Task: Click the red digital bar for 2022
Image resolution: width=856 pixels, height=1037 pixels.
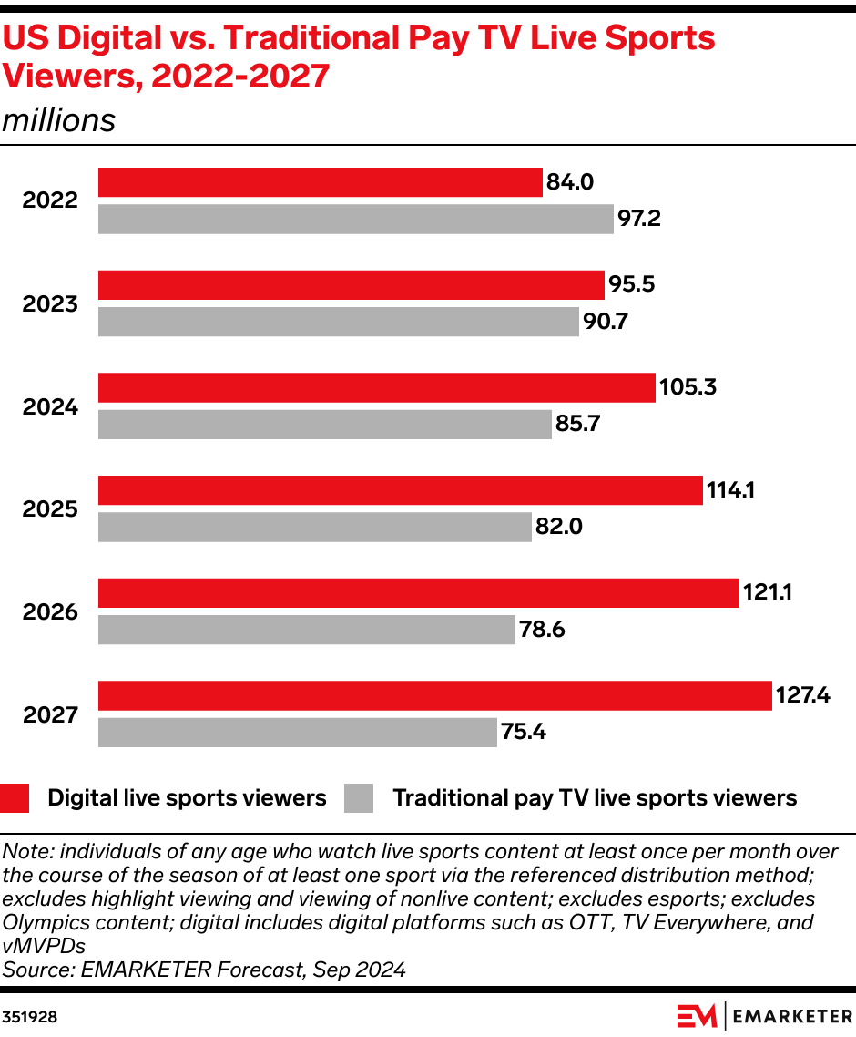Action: click(320, 182)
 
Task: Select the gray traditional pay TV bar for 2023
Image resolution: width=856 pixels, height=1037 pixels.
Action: click(338, 322)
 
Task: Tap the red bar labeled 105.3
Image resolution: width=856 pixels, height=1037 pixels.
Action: click(376, 388)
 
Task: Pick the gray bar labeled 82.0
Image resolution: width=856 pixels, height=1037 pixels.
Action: click(314, 527)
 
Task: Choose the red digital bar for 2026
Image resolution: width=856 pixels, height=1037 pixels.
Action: click(418, 593)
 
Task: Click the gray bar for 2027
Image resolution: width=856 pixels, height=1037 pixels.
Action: click(297, 733)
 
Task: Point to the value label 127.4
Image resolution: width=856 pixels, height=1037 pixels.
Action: click(802, 696)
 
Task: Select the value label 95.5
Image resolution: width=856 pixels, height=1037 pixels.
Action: click(632, 284)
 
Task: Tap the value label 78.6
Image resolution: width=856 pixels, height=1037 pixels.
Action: click(544, 630)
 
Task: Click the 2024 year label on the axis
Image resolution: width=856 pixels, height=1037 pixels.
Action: click(51, 406)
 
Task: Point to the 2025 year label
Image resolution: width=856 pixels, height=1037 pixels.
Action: click(51, 508)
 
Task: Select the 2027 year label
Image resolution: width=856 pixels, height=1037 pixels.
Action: click(51, 714)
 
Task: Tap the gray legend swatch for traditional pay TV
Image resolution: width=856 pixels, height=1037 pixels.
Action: click(359, 798)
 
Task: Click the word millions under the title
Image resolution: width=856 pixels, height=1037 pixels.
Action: click(59, 121)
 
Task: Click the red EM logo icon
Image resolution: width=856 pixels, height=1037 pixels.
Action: click(697, 1015)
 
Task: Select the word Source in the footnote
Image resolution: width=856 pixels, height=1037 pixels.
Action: click(34, 970)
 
